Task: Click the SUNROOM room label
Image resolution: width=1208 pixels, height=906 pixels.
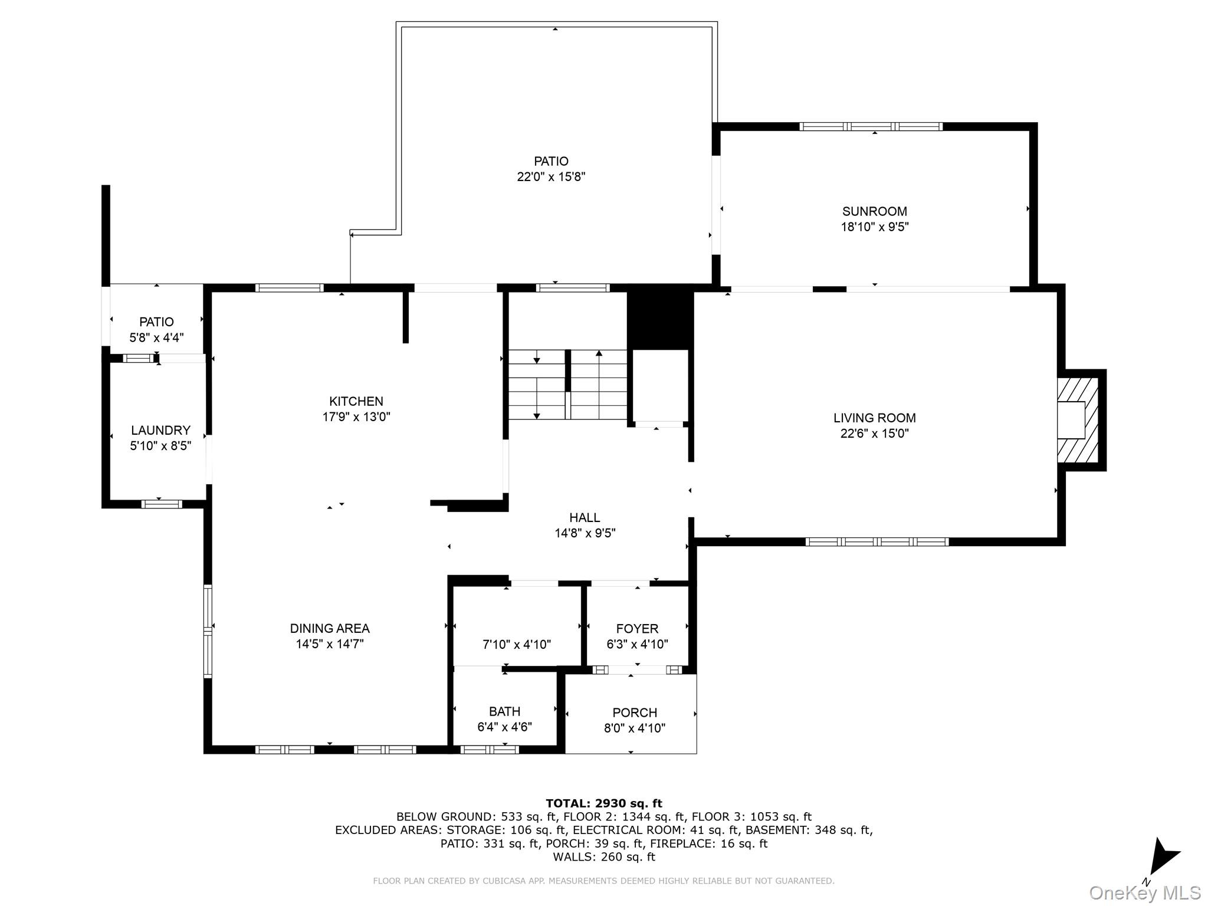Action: pos(874,211)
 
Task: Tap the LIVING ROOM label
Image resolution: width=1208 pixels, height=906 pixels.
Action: pos(874,418)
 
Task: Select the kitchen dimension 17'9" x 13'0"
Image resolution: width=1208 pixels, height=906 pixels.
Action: pos(356,417)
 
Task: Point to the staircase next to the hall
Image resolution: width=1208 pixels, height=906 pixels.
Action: pos(567,385)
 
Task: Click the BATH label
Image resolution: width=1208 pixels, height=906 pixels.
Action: pos(504,711)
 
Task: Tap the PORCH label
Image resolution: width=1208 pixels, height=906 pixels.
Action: pos(634,713)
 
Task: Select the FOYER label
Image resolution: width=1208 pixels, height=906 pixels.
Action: pos(637,629)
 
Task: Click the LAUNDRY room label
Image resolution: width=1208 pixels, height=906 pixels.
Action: pos(160,430)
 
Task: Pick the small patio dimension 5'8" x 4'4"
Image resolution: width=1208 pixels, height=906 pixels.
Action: pos(156,338)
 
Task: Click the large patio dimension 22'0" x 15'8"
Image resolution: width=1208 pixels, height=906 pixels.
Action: pos(551,176)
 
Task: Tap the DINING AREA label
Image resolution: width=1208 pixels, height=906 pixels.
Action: pos(329,629)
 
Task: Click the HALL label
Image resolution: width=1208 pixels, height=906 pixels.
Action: pos(585,517)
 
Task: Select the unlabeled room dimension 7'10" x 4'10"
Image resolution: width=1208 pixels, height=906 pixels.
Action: pos(517,645)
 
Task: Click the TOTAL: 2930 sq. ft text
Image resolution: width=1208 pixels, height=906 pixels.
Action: pos(603,803)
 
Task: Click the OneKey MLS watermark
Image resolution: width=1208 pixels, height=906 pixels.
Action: pos(1144,892)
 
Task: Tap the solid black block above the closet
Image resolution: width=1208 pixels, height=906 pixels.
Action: pos(660,319)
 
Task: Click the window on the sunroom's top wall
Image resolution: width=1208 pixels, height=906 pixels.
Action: pos(871,126)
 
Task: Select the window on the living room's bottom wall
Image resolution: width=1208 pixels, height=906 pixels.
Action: pos(877,541)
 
